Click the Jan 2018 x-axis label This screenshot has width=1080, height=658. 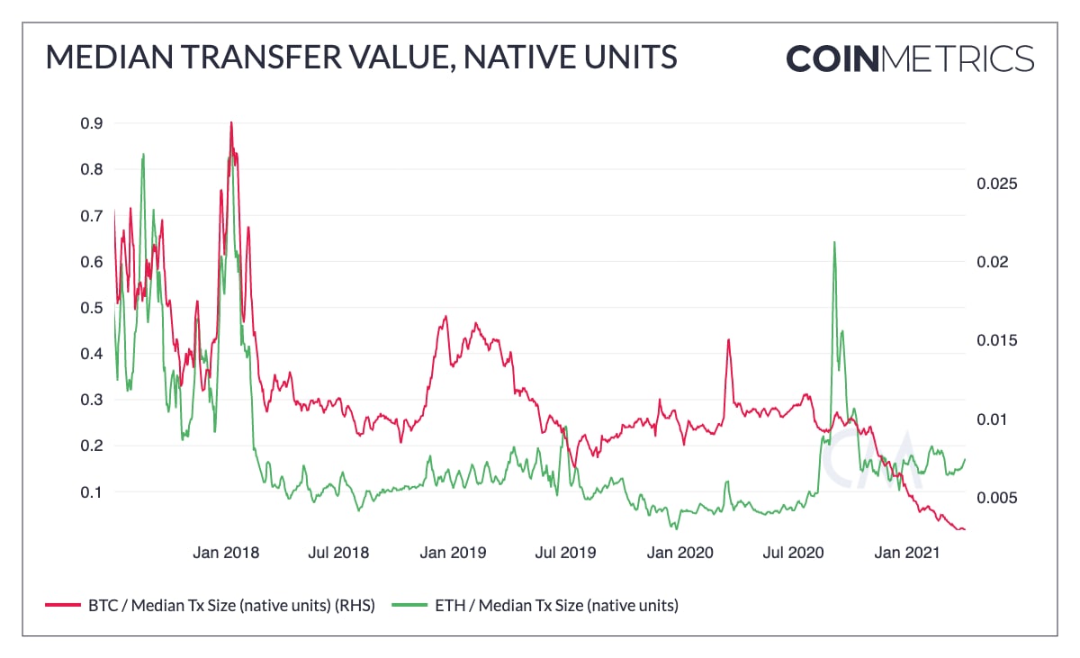(x=226, y=553)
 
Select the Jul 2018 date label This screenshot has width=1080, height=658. (x=338, y=553)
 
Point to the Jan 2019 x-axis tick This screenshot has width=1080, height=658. (x=453, y=553)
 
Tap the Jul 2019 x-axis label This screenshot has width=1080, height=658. (x=565, y=553)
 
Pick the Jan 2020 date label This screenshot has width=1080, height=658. (x=679, y=553)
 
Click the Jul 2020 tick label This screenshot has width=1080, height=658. (x=793, y=553)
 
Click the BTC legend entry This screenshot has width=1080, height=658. (x=210, y=605)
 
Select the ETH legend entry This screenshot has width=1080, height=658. (x=535, y=605)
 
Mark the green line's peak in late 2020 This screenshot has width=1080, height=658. (x=834, y=242)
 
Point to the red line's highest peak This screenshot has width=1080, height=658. (x=231, y=122)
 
